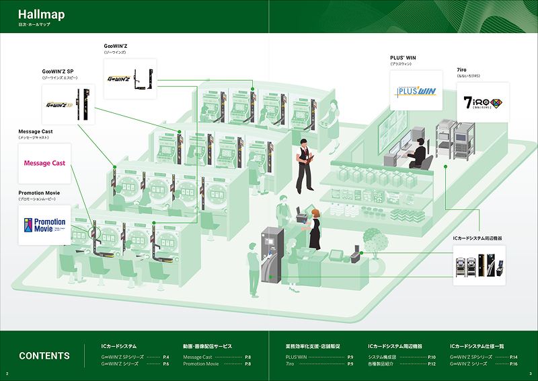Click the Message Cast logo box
pos(44,163)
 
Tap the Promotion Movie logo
pos(44,225)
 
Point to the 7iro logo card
pos(482,102)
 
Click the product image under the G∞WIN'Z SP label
pos(68,104)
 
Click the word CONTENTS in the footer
pos(44,356)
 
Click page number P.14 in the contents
pos(513,356)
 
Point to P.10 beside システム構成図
pos(432,356)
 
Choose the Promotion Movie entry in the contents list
pos(201,363)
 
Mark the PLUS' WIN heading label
pos(403,58)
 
